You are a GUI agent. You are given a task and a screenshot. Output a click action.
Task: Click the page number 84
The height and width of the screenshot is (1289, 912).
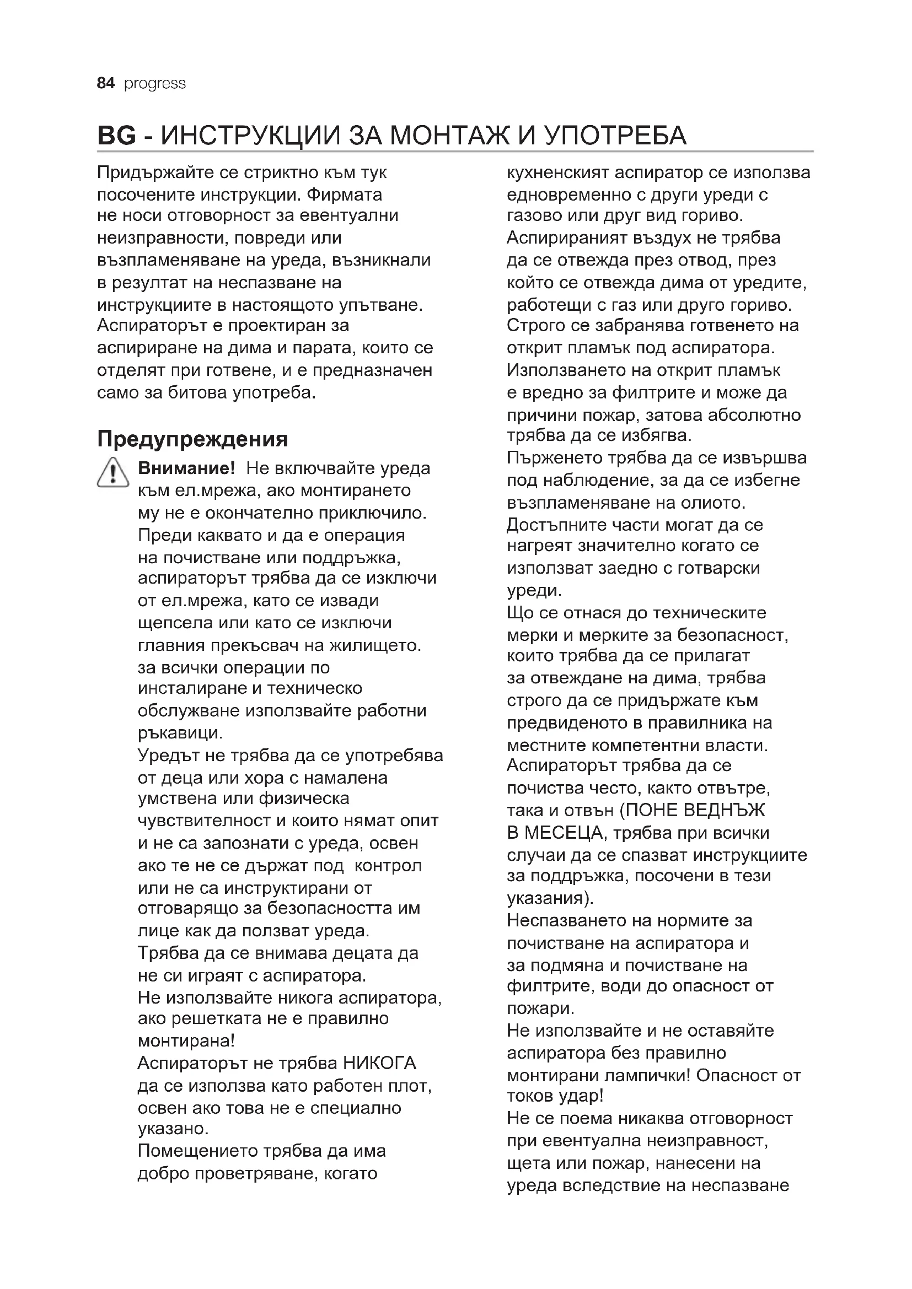(105, 83)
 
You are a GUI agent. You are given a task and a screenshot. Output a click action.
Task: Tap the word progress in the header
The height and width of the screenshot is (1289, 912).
(154, 84)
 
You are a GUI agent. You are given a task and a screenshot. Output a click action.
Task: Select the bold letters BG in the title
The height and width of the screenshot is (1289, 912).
(116, 136)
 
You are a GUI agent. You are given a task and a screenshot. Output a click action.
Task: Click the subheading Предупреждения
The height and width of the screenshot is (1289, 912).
(192, 439)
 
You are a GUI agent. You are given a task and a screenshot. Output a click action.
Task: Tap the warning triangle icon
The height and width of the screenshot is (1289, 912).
(113, 472)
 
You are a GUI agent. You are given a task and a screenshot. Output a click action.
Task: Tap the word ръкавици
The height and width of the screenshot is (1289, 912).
(179, 733)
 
